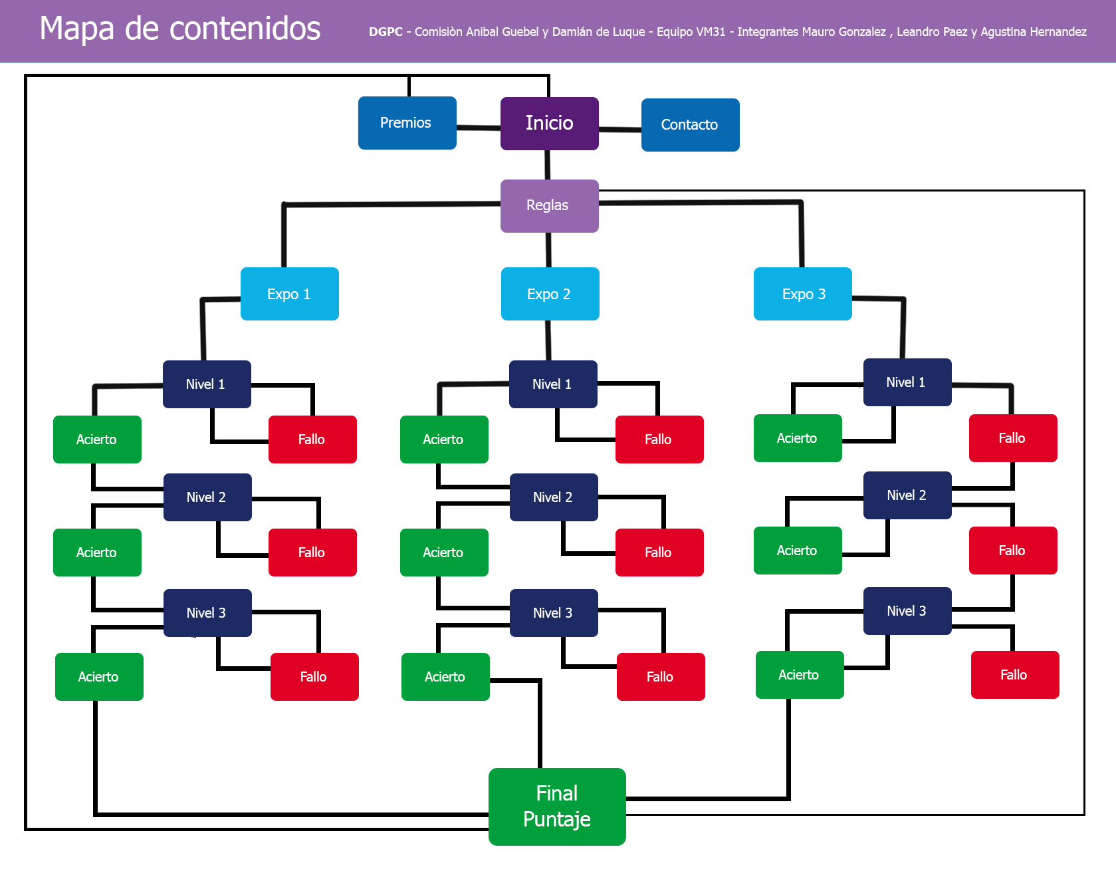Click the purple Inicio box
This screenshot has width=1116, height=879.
point(549,124)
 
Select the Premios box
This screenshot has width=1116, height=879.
point(407,123)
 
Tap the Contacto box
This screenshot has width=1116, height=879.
point(690,125)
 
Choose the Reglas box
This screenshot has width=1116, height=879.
point(549,205)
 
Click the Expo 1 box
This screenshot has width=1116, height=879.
point(289,294)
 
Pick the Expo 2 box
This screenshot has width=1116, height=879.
point(550,294)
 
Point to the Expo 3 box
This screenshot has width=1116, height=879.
point(802,294)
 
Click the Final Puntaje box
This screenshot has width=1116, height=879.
point(557,807)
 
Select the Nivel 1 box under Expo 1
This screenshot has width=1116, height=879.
point(207,384)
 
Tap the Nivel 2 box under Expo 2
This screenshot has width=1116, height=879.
point(553,497)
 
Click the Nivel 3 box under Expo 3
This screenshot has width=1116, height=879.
point(907,611)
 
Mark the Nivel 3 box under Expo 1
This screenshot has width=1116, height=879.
point(207,613)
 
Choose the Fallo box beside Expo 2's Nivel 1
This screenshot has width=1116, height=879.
point(659,439)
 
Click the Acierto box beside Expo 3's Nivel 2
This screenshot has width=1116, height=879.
point(798,551)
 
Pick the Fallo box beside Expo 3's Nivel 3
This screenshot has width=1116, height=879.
point(1014,675)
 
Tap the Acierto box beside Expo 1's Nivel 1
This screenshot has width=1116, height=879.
point(97,439)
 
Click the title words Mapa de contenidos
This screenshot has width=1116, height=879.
point(180,29)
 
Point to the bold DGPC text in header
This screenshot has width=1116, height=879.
point(386,32)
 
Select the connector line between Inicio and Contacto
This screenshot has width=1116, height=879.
point(619,129)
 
